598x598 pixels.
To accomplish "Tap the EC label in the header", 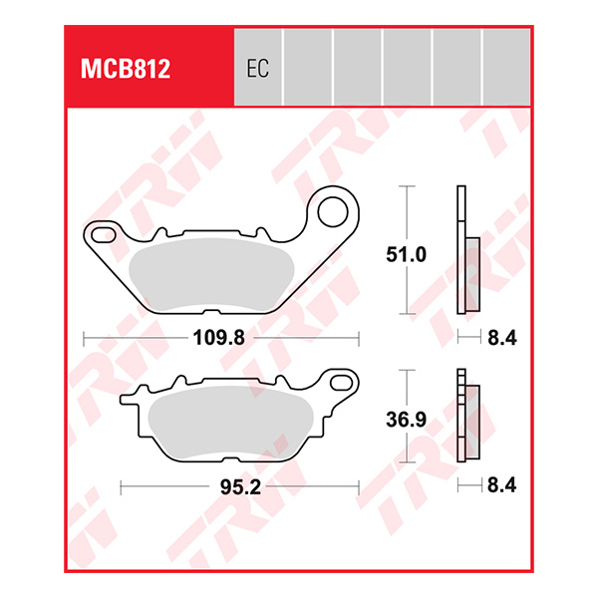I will coord(256,71).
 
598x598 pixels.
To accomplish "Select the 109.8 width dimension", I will coord(218,338).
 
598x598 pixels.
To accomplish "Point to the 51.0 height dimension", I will coord(408,255).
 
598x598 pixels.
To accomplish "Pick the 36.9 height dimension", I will coord(408,420).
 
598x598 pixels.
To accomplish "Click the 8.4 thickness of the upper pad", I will coord(501,338).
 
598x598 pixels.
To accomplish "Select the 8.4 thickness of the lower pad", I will coord(501,488).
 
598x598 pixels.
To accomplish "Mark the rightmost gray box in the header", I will coord(506,66).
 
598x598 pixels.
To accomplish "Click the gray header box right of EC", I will coord(308,66).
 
